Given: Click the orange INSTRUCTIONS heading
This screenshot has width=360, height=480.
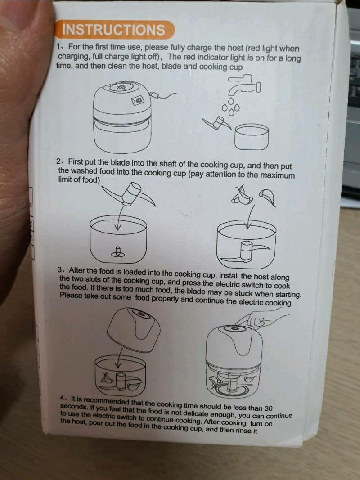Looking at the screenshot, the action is (114, 30).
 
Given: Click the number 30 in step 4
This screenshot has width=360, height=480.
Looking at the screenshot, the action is (268, 408).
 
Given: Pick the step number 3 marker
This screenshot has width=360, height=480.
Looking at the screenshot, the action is (61, 270).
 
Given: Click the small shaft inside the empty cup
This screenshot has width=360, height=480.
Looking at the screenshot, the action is (118, 251).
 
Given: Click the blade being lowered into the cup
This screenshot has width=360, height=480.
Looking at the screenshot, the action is (129, 195).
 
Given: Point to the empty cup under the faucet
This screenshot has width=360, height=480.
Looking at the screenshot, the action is (252, 137).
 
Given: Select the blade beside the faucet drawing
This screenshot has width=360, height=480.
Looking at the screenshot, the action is (217, 123).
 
